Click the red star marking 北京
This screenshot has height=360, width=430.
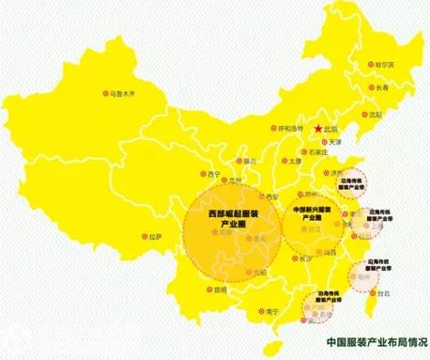(x=319, y=128)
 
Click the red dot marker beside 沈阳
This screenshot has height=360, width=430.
(x=362, y=113)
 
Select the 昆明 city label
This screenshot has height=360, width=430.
(x=220, y=290)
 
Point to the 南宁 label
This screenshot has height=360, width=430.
(x=273, y=310)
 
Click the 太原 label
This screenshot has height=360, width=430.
(x=296, y=161)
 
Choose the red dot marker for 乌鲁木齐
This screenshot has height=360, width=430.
(x=104, y=94)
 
